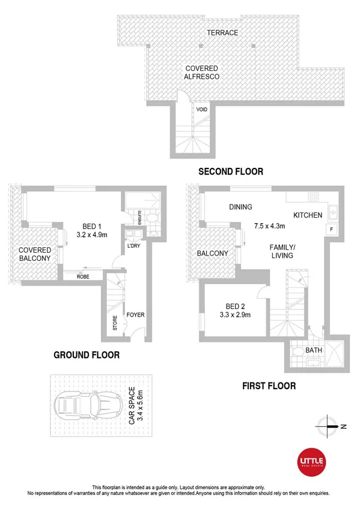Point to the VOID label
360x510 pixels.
click(204, 110)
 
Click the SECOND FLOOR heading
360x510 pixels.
click(231, 172)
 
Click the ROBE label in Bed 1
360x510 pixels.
click(84, 277)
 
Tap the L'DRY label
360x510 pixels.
click(134, 246)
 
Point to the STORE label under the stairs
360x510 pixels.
click(115, 323)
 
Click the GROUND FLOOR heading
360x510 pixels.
click(87, 355)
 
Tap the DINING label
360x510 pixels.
click(240, 207)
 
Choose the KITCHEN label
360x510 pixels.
click(308, 215)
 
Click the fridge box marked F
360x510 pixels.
click(329, 229)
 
